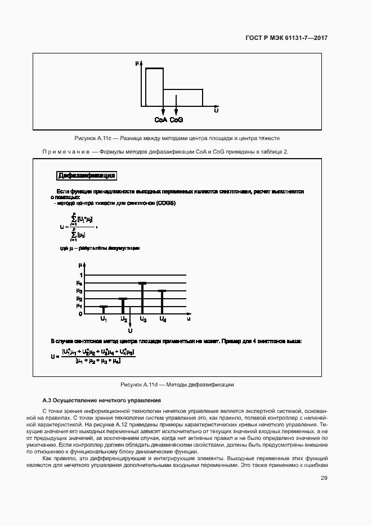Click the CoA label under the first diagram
[160, 119]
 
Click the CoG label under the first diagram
[177, 119]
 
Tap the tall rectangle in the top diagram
[155, 87]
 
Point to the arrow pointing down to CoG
[177, 106]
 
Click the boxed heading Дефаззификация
[87, 176]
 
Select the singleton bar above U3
[142, 298]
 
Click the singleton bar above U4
[162, 302]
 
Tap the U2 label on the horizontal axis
[124, 320]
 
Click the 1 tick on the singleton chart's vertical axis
[81, 275]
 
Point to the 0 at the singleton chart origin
[81, 314]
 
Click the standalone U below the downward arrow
[130, 330]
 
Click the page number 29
[324, 478]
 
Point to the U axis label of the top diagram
[216, 111]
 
